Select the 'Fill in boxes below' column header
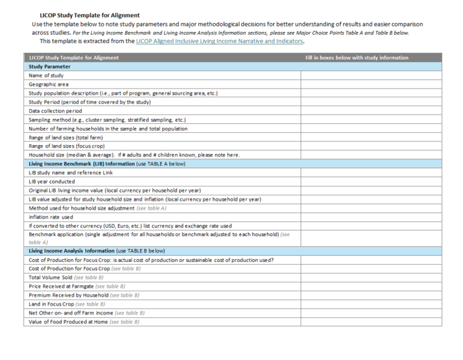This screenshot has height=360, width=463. (x=357, y=58)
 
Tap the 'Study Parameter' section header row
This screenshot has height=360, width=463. (x=50, y=67)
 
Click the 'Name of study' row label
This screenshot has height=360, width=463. (x=46, y=76)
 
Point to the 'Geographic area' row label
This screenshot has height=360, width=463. (x=48, y=84)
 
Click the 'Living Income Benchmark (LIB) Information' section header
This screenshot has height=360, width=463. (x=106, y=164)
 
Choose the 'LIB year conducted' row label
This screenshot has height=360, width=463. (x=52, y=182)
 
